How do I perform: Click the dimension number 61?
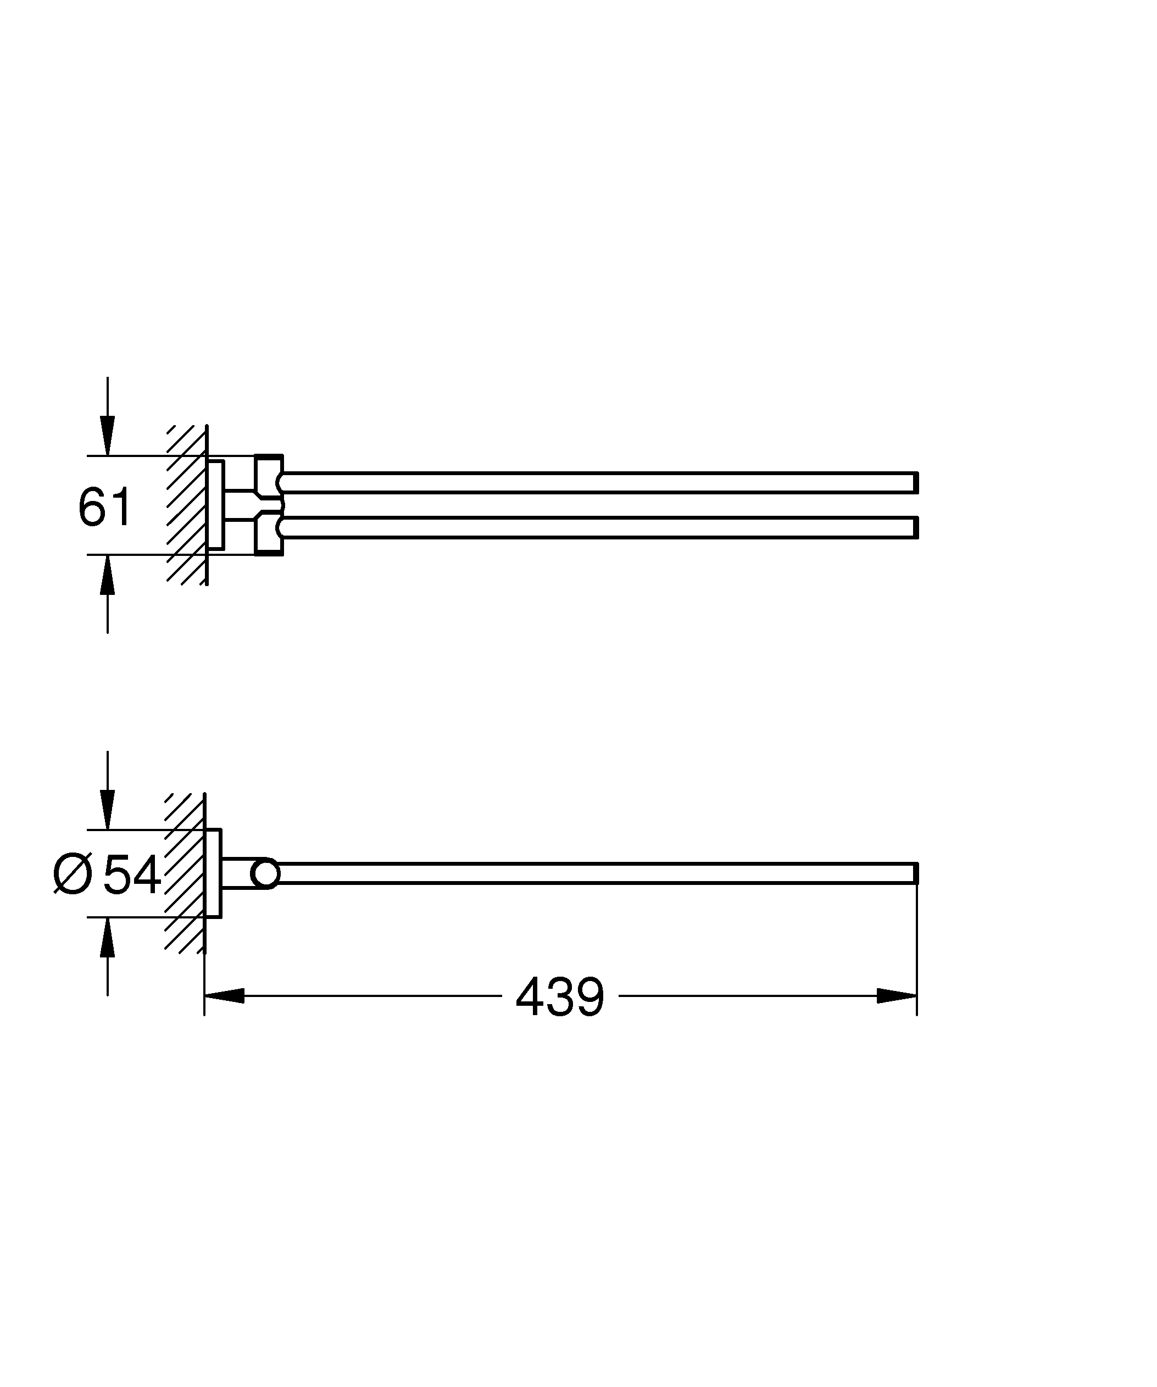pyautogui.click(x=105, y=506)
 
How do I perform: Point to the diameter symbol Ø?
pyautogui.click(x=73, y=874)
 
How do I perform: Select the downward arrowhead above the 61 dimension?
pyautogui.click(x=108, y=436)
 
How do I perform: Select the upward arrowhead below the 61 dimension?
pyautogui.click(x=108, y=575)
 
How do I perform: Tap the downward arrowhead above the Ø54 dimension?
pyautogui.click(x=108, y=809)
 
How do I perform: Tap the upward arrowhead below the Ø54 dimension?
pyautogui.click(x=108, y=937)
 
